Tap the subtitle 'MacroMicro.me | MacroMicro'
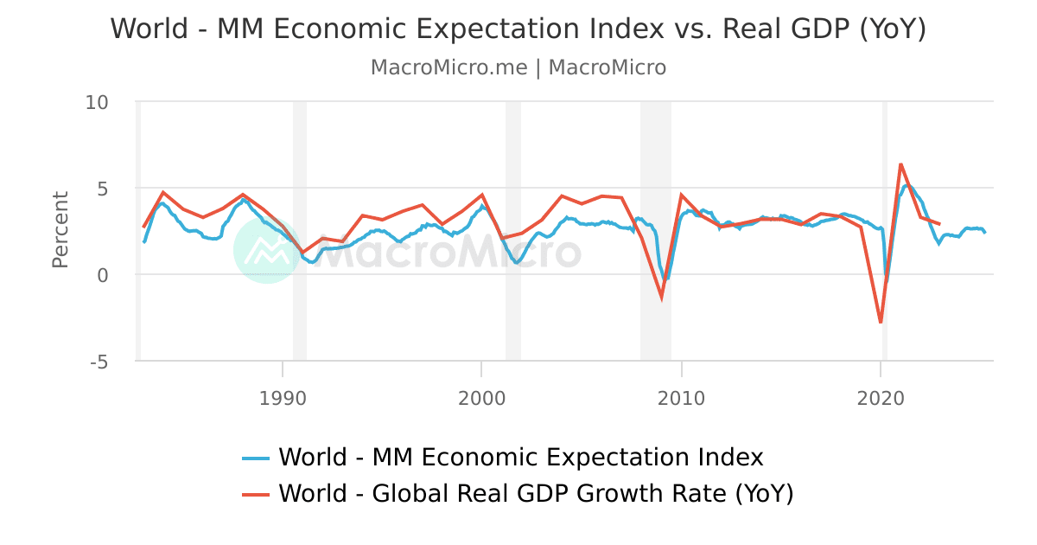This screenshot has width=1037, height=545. click(x=518, y=67)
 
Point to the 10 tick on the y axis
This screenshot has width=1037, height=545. click(x=97, y=102)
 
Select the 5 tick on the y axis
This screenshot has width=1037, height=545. click(x=102, y=189)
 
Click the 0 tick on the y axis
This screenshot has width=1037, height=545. click(x=102, y=275)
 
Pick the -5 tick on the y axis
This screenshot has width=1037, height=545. click(x=98, y=362)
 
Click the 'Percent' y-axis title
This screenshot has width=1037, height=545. click(x=60, y=229)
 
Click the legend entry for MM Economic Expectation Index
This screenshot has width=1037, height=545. click(x=521, y=457)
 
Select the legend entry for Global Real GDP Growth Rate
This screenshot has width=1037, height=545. click(x=536, y=494)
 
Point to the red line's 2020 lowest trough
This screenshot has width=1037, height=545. click(x=881, y=323)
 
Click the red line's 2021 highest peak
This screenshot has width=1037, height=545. click(x=900, y=163)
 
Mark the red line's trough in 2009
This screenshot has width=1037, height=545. click(x=662, y=297)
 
